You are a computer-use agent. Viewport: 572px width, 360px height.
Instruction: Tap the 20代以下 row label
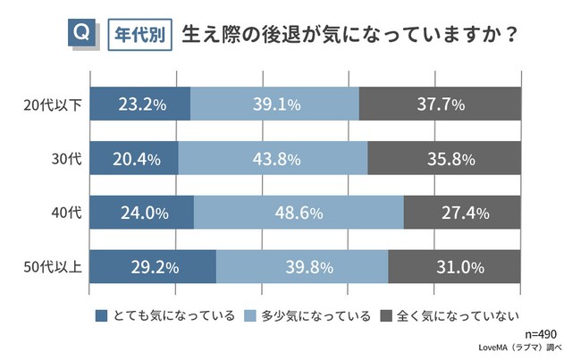click(53, 105)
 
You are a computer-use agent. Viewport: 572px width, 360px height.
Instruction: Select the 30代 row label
click(66, 158)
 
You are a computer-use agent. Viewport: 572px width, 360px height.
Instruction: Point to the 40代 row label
click(66, 213)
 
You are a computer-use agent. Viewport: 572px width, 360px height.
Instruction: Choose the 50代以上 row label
click(53, 266)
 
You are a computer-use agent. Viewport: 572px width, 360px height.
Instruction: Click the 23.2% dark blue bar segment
click(140, 105)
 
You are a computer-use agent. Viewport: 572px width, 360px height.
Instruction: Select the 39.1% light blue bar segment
click(274, 105)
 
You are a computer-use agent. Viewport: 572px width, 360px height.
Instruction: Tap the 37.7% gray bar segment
click(440, 105)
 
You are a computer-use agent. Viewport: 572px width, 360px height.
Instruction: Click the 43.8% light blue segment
click(273, 159)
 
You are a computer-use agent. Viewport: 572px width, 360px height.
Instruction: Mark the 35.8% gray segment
click(444, 159)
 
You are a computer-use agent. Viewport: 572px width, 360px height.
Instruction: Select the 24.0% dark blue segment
click(142, 213)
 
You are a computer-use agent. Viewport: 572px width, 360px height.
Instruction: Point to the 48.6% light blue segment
click(299, 213)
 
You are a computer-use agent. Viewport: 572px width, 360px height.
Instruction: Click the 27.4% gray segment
click(462, 213)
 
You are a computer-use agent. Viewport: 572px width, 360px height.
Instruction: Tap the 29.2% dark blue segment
click(154, 266)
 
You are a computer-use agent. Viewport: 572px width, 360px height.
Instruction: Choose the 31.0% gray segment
click(454, 266)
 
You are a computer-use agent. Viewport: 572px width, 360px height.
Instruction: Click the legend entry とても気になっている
click(164, 315)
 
